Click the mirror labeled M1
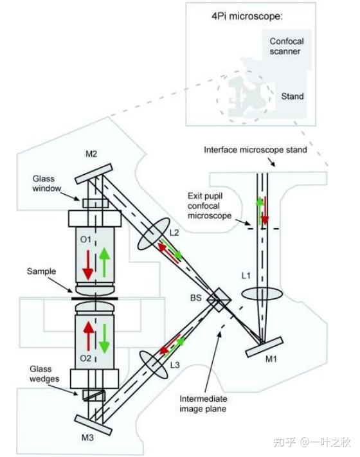tap(264, 347)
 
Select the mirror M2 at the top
tap(94, 174)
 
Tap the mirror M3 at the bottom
tap(93, 425)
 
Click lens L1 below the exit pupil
tap(262, 294)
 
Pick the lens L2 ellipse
tap(154, 233)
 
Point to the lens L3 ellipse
tap(154, 364)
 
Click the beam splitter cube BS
tap(219, 300)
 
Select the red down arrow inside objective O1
tap(87, 265)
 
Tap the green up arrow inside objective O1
tap(104, 262)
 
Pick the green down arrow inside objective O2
tap(104, 339)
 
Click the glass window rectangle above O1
tap(95, 203)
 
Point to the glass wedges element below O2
tap(94, 395)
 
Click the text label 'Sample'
tap(41, 271)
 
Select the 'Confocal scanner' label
tap(287, 46)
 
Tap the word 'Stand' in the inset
tap(292, 96)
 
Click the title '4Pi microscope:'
tap(248, 16)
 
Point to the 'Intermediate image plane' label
tap(203, 404)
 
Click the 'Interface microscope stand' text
tap(255, 150)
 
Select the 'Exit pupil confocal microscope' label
tap(210, 206)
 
